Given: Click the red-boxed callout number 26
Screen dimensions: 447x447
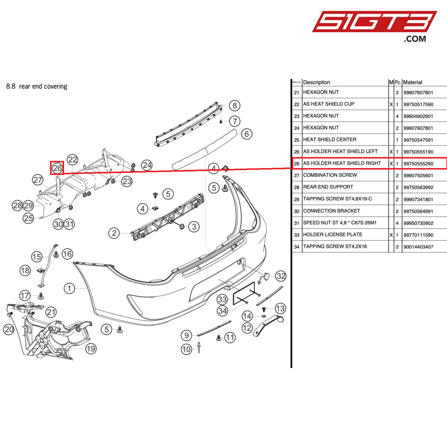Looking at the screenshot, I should coord(57,168).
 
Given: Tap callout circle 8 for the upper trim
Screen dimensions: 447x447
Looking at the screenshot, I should coord(235,105).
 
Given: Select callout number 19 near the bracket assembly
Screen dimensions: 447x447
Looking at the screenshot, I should coord(91,349).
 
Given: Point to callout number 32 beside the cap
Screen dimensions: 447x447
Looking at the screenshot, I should coord(281,276).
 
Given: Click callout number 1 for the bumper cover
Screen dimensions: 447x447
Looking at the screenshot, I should coord(69,288).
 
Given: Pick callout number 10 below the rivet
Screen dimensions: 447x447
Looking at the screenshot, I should coord(186,349).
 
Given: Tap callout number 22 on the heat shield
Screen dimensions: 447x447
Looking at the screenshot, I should coord(72,160).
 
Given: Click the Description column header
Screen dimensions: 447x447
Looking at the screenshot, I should coord(316,82).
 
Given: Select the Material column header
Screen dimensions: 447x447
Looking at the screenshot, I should coord(412,82).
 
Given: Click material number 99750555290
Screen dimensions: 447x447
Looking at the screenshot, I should coord(418,164).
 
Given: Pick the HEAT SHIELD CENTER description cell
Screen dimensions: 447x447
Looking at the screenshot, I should coord(330,139).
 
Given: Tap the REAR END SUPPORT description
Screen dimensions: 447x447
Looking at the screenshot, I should coord(328,187).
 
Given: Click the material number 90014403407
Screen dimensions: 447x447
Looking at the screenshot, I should coord(418,247).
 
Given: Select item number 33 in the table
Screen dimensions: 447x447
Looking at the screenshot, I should coord(297,235).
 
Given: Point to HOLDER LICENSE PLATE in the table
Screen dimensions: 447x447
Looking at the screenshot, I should coord(333,235).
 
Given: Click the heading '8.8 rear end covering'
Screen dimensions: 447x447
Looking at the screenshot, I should coord(37,86).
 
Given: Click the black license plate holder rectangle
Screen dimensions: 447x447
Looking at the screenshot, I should coord(244,293).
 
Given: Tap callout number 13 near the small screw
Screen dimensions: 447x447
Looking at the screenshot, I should coord(280,308).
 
